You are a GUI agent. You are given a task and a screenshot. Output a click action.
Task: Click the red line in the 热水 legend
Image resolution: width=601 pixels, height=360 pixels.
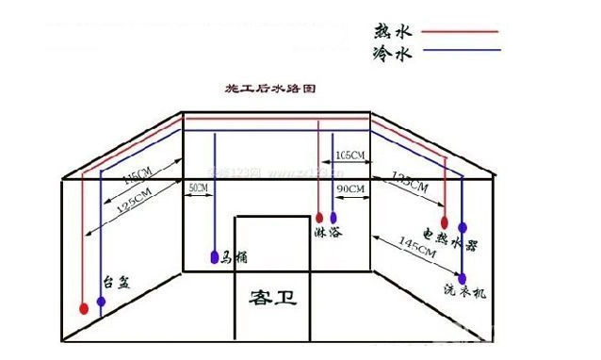point(460,31)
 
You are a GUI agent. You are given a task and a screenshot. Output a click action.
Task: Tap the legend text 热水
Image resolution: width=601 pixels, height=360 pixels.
point(393,30)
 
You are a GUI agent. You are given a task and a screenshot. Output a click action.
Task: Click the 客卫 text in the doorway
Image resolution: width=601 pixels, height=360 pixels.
point(272,299)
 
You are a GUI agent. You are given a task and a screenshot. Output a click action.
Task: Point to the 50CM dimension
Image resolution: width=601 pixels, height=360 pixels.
point(198,188)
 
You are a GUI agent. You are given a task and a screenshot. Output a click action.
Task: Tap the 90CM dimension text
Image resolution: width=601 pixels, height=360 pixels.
point(349,188)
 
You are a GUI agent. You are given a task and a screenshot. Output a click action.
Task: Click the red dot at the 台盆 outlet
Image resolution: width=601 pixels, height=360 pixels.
point(85,307)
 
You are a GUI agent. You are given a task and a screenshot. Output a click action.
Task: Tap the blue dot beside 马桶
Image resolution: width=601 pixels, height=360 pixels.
point(216,255)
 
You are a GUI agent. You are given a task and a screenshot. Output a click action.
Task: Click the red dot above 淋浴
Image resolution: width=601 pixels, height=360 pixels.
point(318,215)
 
